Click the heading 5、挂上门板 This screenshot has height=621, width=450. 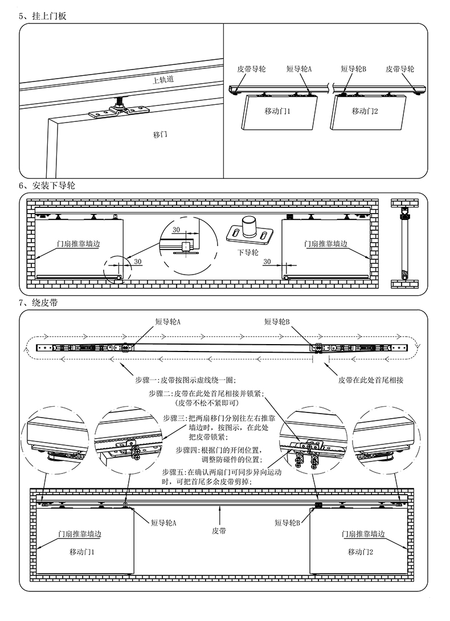43,16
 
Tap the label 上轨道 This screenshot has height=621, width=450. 163,80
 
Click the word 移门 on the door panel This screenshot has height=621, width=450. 160,135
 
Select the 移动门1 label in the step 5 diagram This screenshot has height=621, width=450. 277,111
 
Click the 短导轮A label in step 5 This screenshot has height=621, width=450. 299,69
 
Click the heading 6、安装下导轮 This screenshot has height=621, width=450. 47,186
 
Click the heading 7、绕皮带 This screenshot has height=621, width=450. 38,303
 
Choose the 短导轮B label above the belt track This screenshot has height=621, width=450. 277,322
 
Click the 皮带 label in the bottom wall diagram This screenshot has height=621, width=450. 219,530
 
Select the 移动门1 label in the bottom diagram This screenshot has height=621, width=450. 82,552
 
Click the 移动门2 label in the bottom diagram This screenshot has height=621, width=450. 361,552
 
